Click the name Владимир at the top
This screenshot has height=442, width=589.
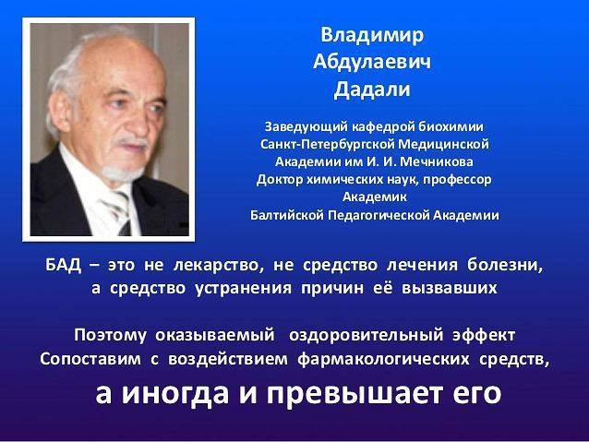pos(372,36)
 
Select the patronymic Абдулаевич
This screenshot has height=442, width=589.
pos(372,63)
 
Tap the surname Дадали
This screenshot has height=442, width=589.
pos(372,90)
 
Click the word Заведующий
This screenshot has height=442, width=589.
pos(307,127)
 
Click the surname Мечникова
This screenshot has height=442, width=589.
pos(436,161)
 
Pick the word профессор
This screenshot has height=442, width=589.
pos(457,180)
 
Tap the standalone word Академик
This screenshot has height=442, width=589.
pos(375,197)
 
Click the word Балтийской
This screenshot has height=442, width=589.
pos(287,215)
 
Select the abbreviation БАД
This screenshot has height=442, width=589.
pos(63,265)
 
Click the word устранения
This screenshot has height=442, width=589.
pos(244,289)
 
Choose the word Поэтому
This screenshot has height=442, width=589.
pos(110,335)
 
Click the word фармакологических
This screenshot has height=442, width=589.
pos(383,359)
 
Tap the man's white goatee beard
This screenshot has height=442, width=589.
pos(122,173)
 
